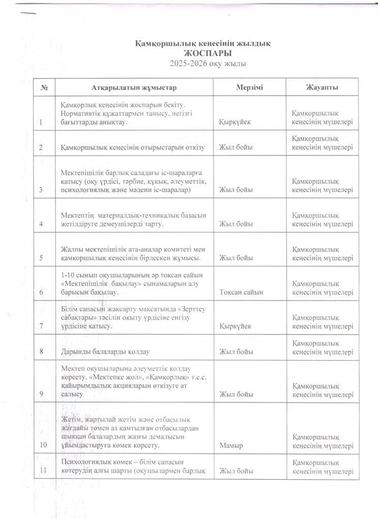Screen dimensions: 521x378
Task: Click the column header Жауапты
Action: (x=323, y=88)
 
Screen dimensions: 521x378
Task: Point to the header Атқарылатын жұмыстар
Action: (x=135, y=88)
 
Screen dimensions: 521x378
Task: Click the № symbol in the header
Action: (x=44, y=88)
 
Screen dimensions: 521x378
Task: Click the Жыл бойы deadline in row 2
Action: (x=236, y=148)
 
